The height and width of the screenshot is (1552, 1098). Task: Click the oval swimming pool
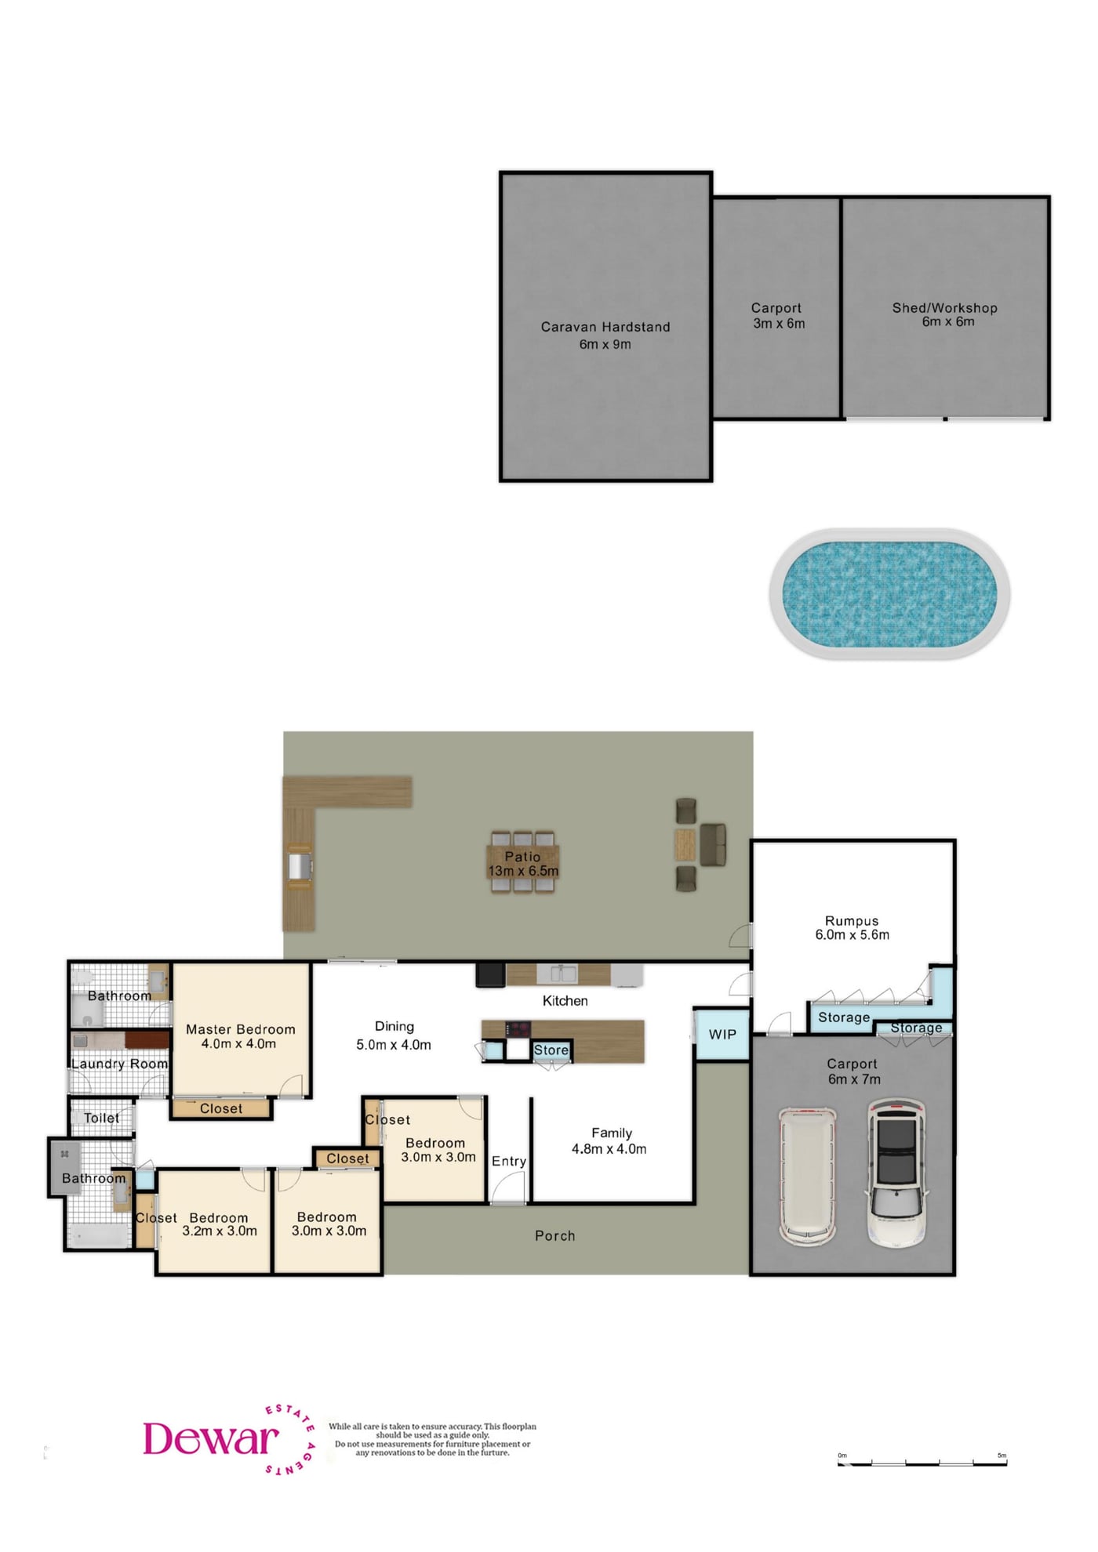889,593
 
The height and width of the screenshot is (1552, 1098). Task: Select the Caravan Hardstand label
605,327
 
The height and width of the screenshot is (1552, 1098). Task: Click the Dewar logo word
210,1439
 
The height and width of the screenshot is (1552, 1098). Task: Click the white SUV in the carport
897,1173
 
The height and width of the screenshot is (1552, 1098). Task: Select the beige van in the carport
807,1176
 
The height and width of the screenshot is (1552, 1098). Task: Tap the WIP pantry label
722,1035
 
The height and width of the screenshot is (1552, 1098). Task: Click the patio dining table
523,862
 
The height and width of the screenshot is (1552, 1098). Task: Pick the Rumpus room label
852,921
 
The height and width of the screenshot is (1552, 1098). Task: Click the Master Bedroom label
241,1029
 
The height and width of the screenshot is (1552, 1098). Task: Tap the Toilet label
102,1118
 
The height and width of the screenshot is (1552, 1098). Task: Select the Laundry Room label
120,1064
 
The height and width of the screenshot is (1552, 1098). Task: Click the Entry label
509,1162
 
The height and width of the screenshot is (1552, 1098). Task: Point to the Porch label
555,1236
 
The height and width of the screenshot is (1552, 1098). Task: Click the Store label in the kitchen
551,1050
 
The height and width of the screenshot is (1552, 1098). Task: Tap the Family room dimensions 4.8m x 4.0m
609,1149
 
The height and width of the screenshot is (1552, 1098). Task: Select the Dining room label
394,1026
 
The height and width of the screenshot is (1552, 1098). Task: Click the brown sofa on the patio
713,844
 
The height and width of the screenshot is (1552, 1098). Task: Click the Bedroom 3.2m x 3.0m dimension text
220,1231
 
